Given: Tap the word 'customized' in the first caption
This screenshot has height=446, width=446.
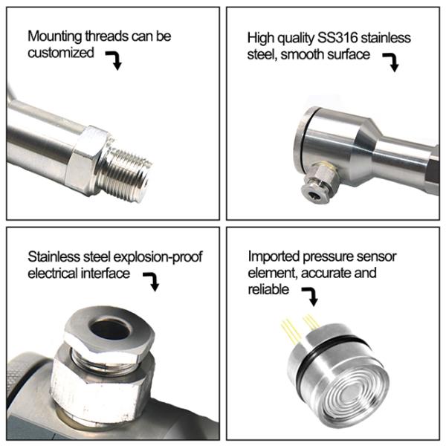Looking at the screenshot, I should pyautogui.click(x=61, y=53).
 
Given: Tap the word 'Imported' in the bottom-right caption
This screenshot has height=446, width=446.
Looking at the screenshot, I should pyautogui.click(x=273, y=256).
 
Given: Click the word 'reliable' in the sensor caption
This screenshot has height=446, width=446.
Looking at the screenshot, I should pyautogui.click(x=268, y=290).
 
